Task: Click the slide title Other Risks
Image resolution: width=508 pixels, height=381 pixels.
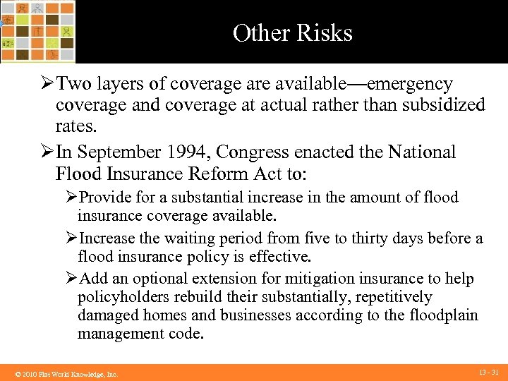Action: click(292, 33)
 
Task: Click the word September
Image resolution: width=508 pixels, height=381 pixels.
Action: click(117, 152)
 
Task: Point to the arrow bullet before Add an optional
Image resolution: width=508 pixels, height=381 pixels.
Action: click(71, 279)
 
